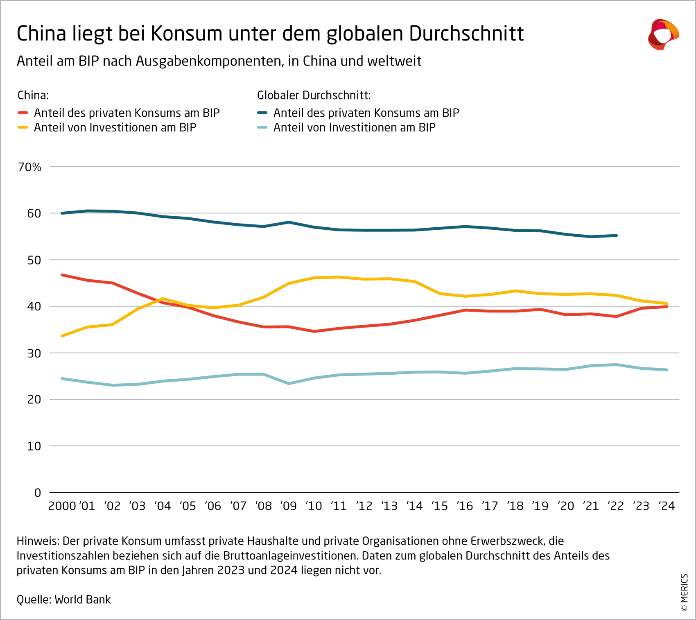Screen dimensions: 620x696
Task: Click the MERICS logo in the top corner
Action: (x=663, y=34)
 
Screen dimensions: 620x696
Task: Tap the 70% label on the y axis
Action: (x=29, y=167)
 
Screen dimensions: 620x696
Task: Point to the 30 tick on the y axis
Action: (x=34, y=353)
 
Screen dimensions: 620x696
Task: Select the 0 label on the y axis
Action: (x=38, y=493)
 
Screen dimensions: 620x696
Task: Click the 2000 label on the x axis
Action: (x=62, y=506)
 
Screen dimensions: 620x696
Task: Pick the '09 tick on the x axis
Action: (x=289, y=506)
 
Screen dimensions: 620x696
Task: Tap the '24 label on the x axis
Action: (x=667, y=506)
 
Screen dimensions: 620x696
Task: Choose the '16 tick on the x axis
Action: (x=465, y=506)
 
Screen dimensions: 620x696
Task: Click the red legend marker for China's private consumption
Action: (x=23, y=113)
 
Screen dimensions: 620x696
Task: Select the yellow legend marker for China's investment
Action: (x=23, y=127)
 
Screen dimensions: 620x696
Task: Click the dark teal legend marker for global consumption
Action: (x=262, y=113)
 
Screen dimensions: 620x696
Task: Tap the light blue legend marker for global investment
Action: (x=262, y=127)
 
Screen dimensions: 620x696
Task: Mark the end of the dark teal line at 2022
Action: (x=616, y=235)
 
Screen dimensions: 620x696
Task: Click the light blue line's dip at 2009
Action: (x=289, y=384)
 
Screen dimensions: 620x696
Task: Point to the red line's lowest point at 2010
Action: (x=314, y=331)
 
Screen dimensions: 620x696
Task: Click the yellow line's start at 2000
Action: (x=62, y=336)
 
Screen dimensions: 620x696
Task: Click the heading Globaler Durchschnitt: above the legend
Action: (x=314, y=95)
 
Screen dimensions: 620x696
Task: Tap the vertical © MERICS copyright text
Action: (x=684, y=593)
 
